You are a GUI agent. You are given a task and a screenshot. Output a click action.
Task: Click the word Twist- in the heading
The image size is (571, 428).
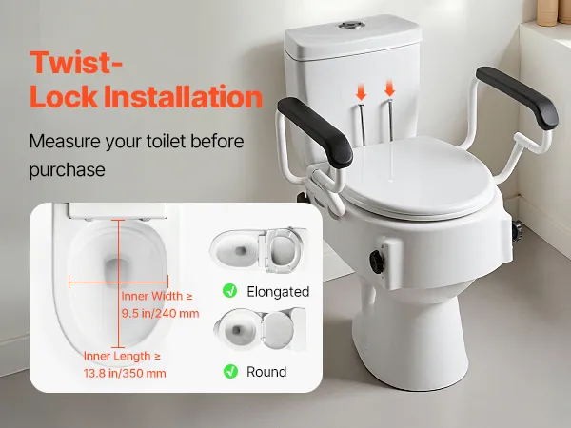coord(76,63)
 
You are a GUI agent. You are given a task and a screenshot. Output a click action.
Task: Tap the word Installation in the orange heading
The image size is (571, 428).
coord(183,97)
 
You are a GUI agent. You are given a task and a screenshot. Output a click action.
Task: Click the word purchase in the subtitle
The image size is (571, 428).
coord(67,170)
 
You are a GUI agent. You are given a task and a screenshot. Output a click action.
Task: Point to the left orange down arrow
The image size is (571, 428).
coord(361,92)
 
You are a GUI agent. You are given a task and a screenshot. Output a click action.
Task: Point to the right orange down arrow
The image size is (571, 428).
coord(389,88)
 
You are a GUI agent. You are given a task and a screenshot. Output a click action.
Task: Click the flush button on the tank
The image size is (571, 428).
coord(351,25)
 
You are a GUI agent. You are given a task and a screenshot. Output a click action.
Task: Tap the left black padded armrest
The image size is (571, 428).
coord(315,132)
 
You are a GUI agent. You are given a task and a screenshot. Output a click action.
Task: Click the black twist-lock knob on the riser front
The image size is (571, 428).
coord(377,261)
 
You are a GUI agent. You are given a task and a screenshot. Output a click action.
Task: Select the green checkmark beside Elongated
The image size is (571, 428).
coord(229,291)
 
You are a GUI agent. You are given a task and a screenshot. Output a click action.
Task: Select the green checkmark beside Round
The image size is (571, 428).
coord(230,371)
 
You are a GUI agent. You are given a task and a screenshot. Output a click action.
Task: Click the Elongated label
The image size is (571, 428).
coord(278,292)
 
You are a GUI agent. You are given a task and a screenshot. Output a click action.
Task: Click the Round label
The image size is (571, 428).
coord(266,372)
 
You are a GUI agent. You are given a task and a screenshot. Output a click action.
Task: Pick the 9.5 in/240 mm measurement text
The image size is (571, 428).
coord(160,313)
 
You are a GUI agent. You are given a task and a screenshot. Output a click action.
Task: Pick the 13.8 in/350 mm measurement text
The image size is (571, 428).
coord(125,373)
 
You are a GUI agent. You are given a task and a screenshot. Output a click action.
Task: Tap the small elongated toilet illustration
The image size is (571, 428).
coord(258,249)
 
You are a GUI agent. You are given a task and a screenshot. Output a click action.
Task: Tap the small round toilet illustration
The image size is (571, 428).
coord(260,329)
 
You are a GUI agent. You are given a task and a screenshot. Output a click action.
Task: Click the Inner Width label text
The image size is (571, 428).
coord(157,296)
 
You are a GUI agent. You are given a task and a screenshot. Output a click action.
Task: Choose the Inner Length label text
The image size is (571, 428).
coord(122,356)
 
